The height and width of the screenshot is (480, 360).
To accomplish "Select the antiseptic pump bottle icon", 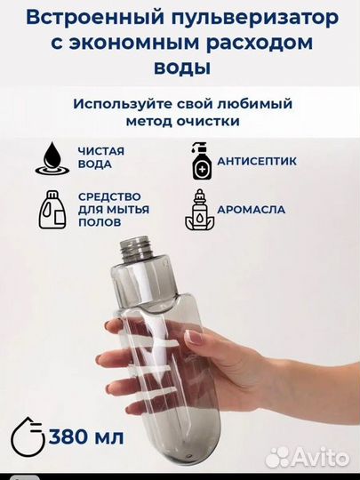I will tap(200, 159).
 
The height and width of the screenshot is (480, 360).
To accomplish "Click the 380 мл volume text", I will tap(86, 438).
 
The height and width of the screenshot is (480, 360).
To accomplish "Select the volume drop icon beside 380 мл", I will tap(27, 436).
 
